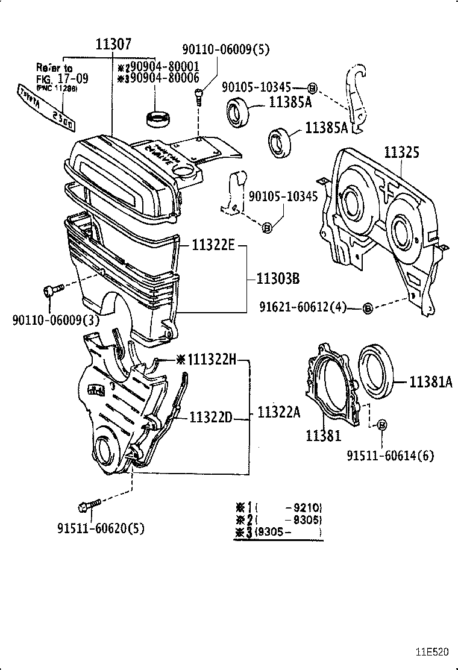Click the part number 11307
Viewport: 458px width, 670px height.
coord(113,43)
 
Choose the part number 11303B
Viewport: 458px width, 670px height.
coord(278,279)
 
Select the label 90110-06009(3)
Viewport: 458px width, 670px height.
coord(55,320)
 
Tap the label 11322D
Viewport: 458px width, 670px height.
coord(210,417)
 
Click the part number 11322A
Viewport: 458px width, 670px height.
coord(278,413)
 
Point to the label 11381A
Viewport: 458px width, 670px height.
coord(430,381)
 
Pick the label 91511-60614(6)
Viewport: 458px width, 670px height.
coord(389,456)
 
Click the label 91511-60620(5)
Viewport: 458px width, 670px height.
coord(101,528)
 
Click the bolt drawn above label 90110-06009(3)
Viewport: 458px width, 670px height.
coord(50,292)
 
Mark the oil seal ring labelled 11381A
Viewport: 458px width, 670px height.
coord(377,371)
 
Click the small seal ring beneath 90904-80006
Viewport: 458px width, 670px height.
coord(159,119)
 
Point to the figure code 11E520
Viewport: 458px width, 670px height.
coord(431,652)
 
